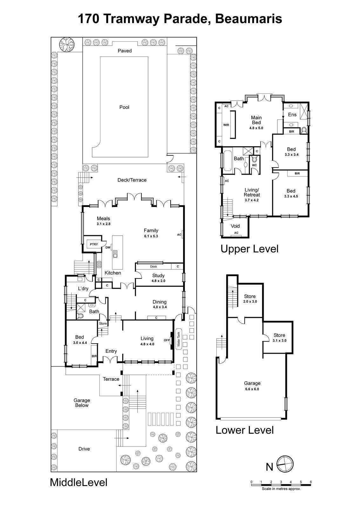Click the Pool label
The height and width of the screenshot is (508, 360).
(124, 107)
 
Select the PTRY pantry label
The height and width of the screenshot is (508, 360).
(94, 244)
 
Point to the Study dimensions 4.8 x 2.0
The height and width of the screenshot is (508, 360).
(158, 281)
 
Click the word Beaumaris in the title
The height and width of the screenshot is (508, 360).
(249, 19)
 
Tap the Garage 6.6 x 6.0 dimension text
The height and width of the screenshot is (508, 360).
(252, 389)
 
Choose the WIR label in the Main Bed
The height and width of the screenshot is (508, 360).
(226, 125)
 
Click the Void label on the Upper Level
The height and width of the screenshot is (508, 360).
(235, 226)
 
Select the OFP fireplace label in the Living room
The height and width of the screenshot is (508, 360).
(166, 340)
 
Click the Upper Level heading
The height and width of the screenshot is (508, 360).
(249, 249)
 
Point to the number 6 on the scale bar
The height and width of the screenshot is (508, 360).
(311, 482)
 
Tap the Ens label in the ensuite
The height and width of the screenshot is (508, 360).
(292, 115)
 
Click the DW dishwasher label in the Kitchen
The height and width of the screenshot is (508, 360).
(108, 248)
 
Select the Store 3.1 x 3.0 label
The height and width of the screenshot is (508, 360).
(279, 338)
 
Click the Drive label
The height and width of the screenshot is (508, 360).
(84, 449)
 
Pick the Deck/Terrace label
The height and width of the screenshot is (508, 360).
(132, 180)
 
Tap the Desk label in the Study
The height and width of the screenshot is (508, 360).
(153, 267)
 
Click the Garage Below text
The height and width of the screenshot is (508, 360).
(82, 403)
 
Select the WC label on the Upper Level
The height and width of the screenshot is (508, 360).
(255, 165)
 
